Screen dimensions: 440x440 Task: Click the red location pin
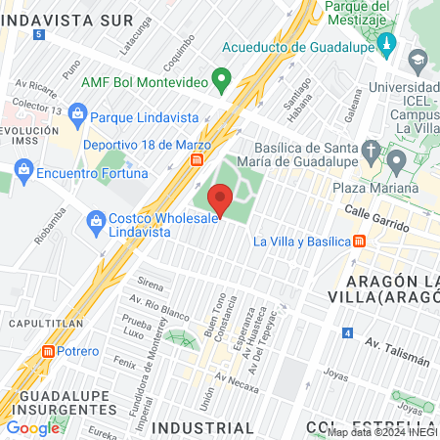[220, 198]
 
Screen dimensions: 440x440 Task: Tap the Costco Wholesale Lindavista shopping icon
[95, 218]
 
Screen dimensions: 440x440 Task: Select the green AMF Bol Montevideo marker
[222, 78]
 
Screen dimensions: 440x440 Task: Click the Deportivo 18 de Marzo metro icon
[198, 158]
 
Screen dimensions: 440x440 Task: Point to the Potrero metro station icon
[49, 351]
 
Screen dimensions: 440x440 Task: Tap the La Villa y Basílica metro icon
[360, 241]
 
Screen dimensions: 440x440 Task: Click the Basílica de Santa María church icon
[370, 150]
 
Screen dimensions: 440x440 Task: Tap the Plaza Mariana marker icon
[396, 160]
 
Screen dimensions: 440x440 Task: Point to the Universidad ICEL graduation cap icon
[419, 61]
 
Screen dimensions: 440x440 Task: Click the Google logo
[33, 427]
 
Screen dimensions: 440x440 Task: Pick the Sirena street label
[150, 284]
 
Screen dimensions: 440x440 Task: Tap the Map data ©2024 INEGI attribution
[381, 432]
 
